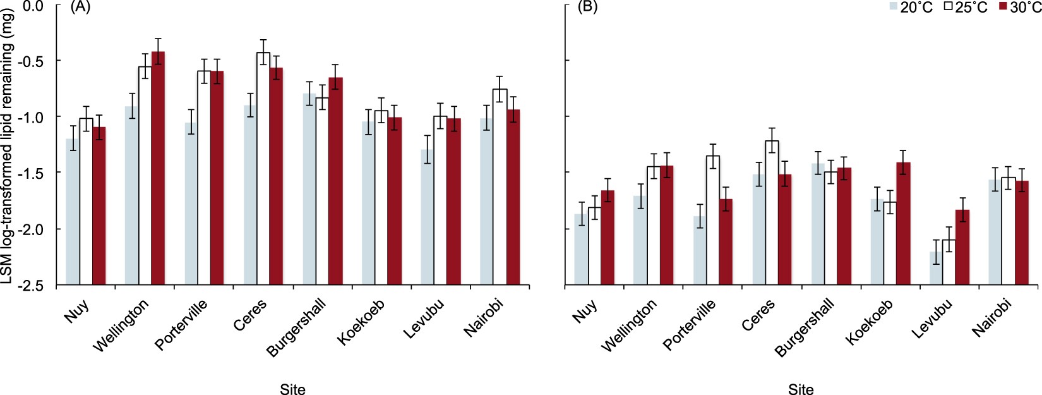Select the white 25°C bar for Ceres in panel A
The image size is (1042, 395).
coord(263,171)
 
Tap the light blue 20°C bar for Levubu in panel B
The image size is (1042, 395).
coord(935,269)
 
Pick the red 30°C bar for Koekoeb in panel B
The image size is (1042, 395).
coord(903,224)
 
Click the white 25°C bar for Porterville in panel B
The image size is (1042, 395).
coord(713,221)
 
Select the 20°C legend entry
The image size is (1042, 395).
coord(910,8)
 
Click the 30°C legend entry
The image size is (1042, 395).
coord(1019,8)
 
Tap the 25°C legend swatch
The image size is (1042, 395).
coord(948,7)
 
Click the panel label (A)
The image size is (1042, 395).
coord(80,7)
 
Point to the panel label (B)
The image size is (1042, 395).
coord(588,7)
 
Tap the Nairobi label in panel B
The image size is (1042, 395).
coord(991,317)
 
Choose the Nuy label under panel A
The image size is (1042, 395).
coord(76,311)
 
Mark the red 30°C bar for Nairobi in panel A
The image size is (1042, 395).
coord(513,197)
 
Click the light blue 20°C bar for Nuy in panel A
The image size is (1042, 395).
coord(73,212)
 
